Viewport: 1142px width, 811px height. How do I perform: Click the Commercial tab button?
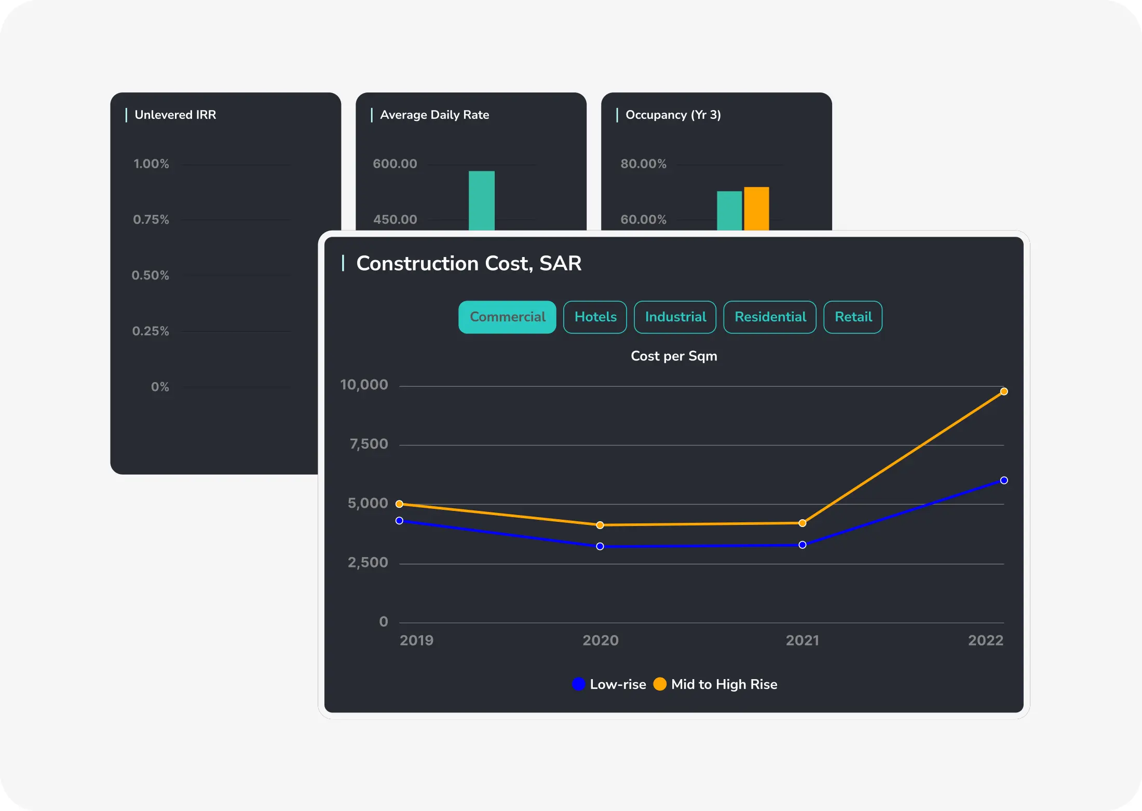point(507,317)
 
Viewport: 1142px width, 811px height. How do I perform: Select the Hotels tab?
point(595,317)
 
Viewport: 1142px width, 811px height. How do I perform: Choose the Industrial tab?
point(675,317)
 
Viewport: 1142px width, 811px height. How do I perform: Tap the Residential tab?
point(770,317)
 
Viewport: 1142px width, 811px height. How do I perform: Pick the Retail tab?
point(853,317)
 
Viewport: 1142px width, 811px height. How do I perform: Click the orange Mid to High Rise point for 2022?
point(1004,391)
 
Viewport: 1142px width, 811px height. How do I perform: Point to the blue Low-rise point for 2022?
point(1004,480)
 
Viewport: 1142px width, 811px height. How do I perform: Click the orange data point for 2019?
point(399,504)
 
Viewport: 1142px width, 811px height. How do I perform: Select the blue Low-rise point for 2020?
point(600,546)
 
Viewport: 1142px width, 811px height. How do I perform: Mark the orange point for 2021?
point(803,523)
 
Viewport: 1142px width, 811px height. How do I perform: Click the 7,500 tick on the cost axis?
point(369,444)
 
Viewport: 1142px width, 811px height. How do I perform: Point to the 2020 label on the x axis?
point(600,640)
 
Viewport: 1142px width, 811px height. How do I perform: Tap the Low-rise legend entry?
point(609,684)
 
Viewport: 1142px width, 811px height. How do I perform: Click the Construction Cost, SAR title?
point(468,263)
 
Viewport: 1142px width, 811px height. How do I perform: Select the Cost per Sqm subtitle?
point(674,356)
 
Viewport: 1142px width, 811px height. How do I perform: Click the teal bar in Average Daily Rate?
point(482,200)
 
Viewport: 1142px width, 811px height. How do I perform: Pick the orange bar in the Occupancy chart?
point(756,208)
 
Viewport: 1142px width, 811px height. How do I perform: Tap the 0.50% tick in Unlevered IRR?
point(150,275)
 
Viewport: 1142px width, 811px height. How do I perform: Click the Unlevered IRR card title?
point(175,115)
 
